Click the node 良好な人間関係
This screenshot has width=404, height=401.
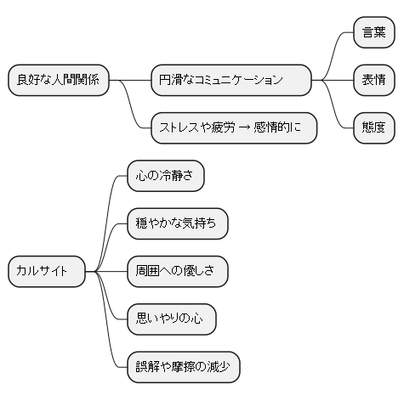coord(58,80)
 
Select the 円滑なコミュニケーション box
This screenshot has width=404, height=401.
coord(230,80)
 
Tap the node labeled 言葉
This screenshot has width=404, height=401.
coord(373,32)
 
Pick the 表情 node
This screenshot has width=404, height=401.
coord(373,80)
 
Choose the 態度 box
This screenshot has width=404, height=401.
coord(373,128)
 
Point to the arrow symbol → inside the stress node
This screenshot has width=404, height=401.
coord(244,128)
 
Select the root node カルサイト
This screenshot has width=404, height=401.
coord(48,272)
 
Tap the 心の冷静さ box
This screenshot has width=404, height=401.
coord(165,175)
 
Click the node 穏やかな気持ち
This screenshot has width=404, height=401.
coord(177,223)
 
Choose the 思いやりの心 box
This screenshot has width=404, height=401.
coord(170,319)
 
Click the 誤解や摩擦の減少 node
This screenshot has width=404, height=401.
coord(183,368)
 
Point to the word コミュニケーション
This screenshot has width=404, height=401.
coord(237,80)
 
